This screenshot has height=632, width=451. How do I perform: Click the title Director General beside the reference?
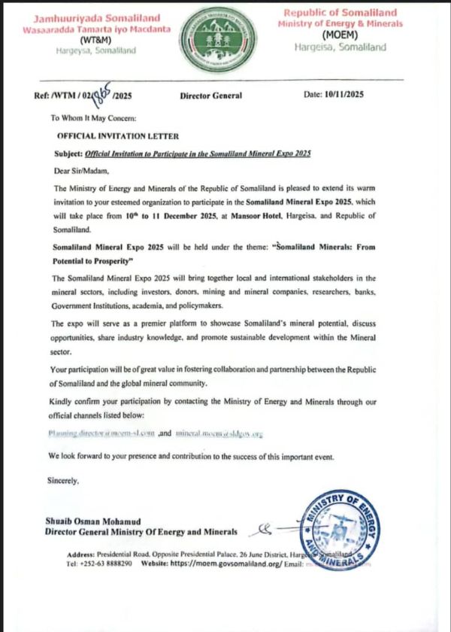click(211, 96)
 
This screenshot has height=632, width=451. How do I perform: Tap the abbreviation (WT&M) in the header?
click(95, 40)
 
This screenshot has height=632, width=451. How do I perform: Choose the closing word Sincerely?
click(63, 479)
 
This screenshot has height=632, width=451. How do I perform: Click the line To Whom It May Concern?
click(93, 118)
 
